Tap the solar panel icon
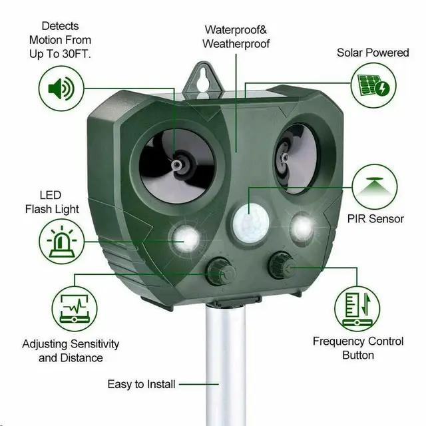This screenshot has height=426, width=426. tap(373, 86)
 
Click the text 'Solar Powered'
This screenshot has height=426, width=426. tap(373, 53)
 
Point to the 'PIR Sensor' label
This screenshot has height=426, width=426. tap(375, 219)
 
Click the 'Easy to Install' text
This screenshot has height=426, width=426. tap(142, 384)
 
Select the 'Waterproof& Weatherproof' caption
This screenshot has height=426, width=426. tap(236, 37)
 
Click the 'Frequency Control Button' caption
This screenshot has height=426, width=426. tap(358, 348)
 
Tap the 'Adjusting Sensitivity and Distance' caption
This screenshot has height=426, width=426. tap(71, 351)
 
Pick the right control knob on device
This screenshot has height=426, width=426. tap(280, 268)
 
